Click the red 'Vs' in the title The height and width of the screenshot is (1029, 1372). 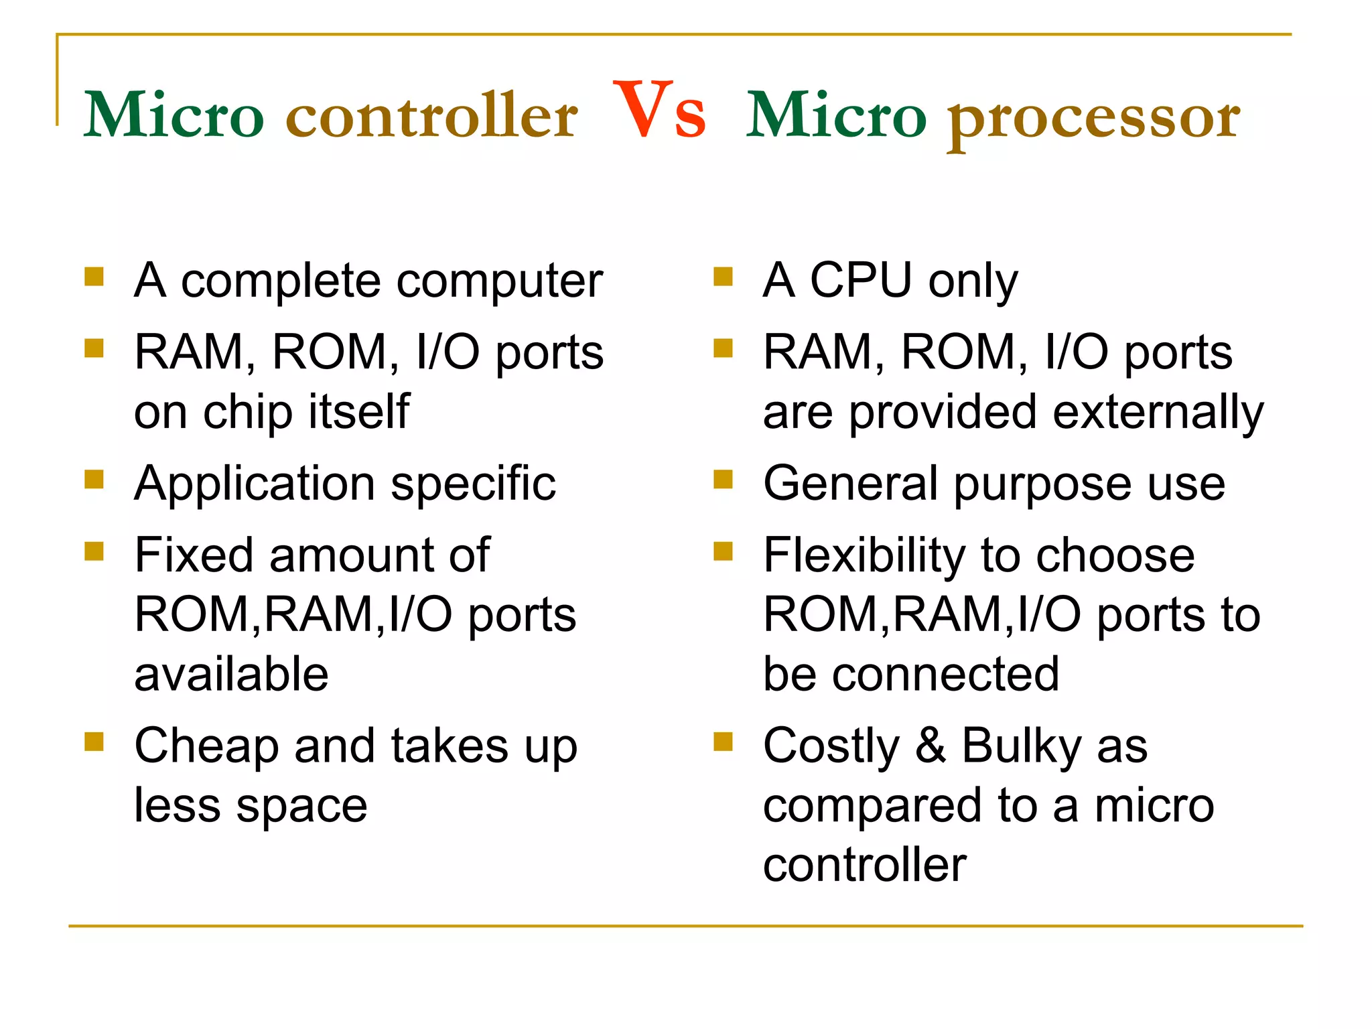coord(659,111)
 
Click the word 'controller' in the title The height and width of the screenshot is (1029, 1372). coord(431,116)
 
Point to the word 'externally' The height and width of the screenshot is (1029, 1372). coord(1158,413)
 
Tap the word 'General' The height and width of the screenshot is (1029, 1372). coord(850,483)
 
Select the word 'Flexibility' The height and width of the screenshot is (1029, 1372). coord(864,556)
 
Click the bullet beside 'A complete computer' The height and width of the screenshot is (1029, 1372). coord(94,277)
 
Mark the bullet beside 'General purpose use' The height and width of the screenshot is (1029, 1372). coord(723,479)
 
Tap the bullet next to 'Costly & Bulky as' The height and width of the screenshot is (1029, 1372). coord(723,742)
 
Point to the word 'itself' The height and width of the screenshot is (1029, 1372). coord(358,411)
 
